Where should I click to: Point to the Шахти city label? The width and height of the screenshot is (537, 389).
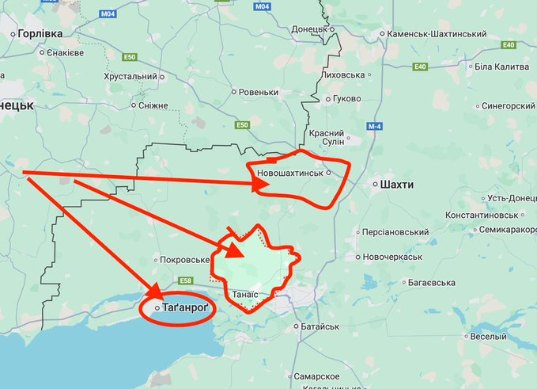[396, 184]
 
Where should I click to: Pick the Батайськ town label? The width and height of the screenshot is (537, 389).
[320, 326]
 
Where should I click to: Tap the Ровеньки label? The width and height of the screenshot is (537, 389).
[259, 92]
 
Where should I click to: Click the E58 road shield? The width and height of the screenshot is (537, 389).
[186, 280]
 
